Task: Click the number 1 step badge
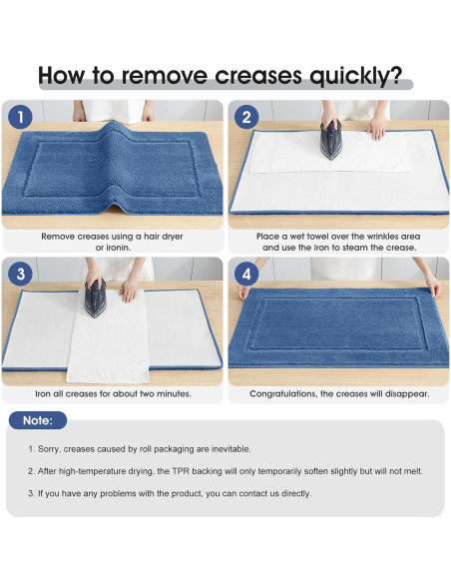(x=20, y=117)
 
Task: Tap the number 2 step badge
(x=246, y=117)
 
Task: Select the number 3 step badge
(x=20, y=274)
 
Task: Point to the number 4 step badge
(x=246, y=274)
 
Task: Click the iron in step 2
(x=330, y=140)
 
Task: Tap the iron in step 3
(x=96, y=298)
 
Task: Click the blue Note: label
(x=38, y=420)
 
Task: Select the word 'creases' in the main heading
(x=258, y=76)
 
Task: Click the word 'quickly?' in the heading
(x=355, y=76)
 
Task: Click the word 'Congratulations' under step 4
(x=283, y=393)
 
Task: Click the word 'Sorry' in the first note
(x=48, y=449)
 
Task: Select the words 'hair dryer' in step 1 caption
(x=163, y=237)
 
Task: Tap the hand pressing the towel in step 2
(x=377, y=128)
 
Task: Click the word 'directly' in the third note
(x=295, y=494)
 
